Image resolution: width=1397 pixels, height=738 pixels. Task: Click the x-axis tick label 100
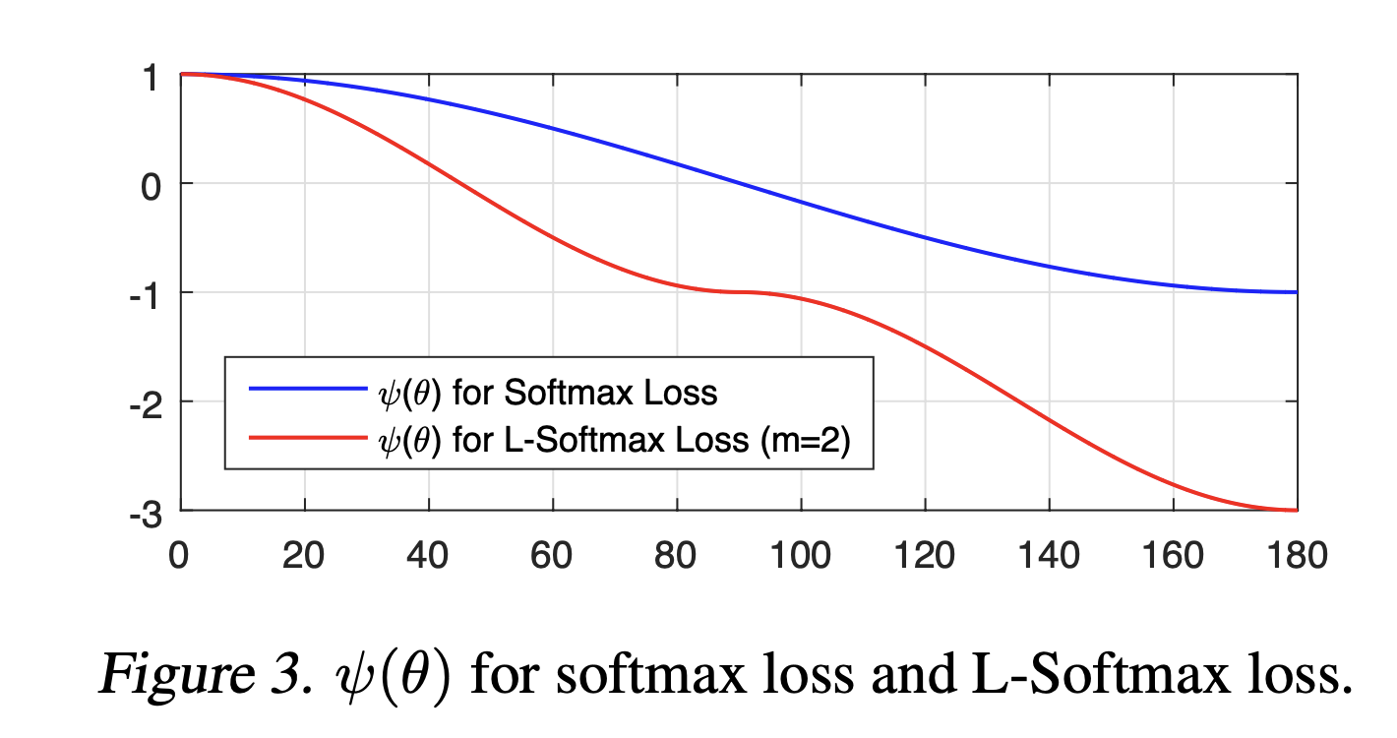point(801,557)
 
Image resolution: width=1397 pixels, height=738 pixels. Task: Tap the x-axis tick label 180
point(1297,557)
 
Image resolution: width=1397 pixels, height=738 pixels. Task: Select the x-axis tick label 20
point(304,557)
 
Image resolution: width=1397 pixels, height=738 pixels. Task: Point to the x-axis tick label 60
point(552,557)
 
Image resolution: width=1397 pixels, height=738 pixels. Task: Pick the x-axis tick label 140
point(1049,557)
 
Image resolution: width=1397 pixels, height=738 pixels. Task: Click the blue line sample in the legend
point(307,389)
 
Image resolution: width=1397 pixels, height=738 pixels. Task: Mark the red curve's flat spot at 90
point(739,292)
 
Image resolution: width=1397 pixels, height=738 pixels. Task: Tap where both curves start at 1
point(182,74)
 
